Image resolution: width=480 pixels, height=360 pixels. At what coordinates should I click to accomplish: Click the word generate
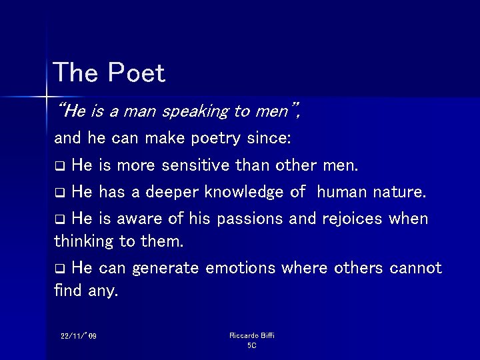(165, 268)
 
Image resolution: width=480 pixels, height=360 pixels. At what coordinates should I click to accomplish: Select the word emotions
(241, 268)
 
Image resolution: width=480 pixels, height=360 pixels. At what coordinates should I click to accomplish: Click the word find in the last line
(67, 291)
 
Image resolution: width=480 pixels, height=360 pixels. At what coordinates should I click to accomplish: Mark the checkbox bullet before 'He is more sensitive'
(59, 165)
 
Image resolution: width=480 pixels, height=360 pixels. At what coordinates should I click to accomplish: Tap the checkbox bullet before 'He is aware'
(59, 219)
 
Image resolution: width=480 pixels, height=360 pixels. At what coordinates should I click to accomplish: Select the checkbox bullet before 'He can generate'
(59, 269)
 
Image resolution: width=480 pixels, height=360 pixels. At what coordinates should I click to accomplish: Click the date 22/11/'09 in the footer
(78, 336)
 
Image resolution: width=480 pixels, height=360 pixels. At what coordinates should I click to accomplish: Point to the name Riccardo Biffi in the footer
(251, 335)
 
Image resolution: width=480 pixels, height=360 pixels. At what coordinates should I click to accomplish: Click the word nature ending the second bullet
(400, 193)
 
